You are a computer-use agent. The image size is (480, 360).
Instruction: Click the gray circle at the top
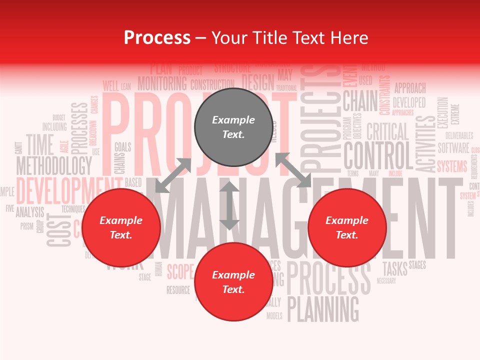click(233, 127)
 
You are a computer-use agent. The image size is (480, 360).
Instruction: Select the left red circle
click(121, 228)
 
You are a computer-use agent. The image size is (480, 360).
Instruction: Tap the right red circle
click(347, 228)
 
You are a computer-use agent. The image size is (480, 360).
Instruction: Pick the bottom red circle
click(233, 282)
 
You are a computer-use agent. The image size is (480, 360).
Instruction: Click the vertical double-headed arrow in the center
click(229, 206)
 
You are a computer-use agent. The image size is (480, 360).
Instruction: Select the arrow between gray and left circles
click(173, 175)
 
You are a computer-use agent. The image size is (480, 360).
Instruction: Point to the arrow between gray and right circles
click(293, 170)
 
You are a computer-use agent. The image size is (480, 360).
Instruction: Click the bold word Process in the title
click(157, 37)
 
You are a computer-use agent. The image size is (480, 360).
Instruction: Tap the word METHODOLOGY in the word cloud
click(54, 165)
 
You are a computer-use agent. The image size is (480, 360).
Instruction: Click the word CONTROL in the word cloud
click(378, 155)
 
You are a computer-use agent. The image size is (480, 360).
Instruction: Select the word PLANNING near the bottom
click(323, 308)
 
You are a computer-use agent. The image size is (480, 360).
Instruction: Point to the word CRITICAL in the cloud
click(387, 131)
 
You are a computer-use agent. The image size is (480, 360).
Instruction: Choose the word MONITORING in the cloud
click(162, 83)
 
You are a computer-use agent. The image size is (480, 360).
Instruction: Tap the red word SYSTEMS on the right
click(452, 166)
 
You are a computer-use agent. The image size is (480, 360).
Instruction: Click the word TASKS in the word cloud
click(395, 268)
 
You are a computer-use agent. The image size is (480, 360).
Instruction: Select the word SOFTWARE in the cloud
click(453, 148)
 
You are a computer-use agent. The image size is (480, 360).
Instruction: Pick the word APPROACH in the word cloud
click(410, 88)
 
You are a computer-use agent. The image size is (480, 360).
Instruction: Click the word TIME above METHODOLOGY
click(39, 144)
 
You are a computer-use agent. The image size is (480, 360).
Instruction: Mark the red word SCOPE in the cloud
click(180, 271)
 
